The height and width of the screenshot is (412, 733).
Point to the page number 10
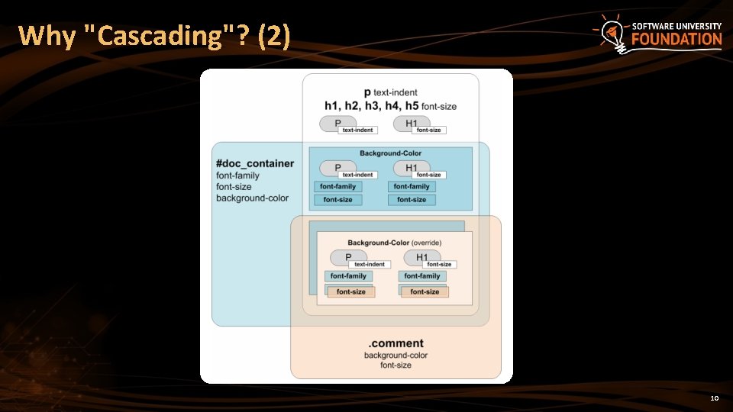tap(715, 398)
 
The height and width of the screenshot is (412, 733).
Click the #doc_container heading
tap(254, 163)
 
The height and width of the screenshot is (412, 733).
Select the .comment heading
tap(396, 343)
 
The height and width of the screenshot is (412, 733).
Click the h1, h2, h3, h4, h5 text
tap(371, 106)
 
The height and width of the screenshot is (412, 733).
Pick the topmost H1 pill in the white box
tap(411, 123)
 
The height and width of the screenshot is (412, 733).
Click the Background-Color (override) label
tap(395, 243)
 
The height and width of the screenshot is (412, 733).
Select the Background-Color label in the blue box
tap(390, 153)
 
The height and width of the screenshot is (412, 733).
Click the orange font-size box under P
tap(350, 291)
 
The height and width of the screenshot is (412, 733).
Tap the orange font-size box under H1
tap(425, 291)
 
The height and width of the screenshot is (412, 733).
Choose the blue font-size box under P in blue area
tap(337, 200)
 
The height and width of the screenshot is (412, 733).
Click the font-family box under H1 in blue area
tap(412, 186)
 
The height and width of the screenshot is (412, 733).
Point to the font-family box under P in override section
tap(348, 276)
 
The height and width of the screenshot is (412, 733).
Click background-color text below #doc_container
tap(252, 198)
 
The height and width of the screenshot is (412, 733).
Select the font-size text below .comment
tap(396, 365)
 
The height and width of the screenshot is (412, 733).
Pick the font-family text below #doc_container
tap(237, 175)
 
